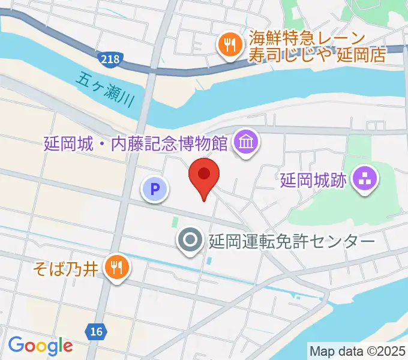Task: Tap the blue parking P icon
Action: (x=155, y=190)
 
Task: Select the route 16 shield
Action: (x=95, y=331)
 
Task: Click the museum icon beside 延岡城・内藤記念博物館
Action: (x=246, y=143)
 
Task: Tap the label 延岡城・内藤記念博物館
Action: (x=135, y=144)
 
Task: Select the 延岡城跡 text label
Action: (x=313, y=179)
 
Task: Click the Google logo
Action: (x=40, y=346)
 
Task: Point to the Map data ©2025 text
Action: (x=357, y=350)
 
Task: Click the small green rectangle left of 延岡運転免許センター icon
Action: (x=175, y=223)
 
